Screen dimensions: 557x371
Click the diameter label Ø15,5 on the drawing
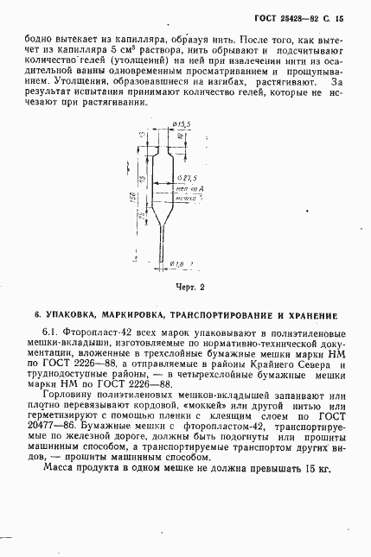tap(181, 125)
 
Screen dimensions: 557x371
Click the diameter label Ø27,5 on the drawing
tap(182, 176)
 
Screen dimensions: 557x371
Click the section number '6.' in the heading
tap(36, 314)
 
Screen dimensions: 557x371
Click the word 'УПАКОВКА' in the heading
tap(73, 314)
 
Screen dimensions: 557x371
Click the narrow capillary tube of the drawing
tap(163, 246)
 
